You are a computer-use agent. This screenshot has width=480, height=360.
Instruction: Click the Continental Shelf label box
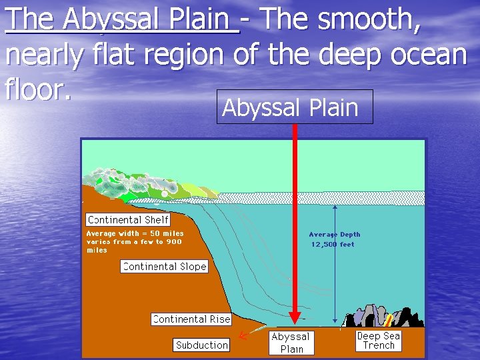tap(129, 219)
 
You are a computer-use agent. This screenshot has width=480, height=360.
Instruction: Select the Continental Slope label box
tap(164, 267)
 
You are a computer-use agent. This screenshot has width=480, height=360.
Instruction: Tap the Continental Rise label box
tap(191, 319)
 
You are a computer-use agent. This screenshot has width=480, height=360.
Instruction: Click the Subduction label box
tap(201, 345)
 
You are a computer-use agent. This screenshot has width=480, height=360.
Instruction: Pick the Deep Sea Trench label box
tap(379, 340)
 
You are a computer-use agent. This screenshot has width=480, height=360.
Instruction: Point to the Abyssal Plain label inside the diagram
tap(291, 343)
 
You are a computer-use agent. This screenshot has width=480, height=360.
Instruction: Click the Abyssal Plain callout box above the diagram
tap(294, 107)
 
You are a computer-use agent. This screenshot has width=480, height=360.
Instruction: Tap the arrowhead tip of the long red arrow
tap(295, 321)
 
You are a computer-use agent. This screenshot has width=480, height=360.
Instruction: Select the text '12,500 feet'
tap(333, 245)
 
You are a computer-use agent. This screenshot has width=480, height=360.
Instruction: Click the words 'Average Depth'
tap(334, 235)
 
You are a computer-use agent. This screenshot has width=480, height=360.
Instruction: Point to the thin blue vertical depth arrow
tap(335, 267)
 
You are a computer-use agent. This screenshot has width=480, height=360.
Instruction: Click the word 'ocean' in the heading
tap(429, 54)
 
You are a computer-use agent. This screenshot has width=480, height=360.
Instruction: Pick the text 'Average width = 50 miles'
tap(135, 233)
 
